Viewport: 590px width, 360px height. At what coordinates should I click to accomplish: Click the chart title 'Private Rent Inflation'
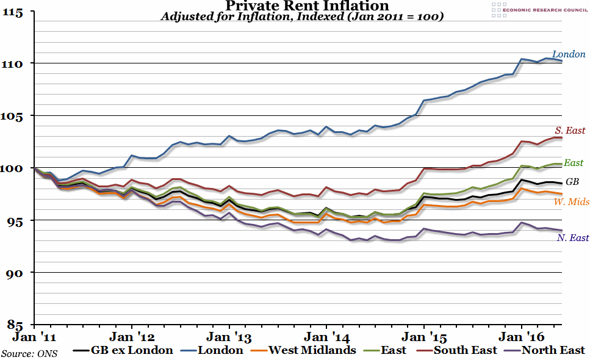click(x=299, y=6)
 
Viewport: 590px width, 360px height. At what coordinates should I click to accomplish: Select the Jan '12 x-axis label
click(x=131, y=336)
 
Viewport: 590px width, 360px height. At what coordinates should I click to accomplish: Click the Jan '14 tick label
click(x=326, y=336)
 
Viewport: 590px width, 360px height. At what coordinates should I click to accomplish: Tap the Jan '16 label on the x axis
click(x=522, y=336)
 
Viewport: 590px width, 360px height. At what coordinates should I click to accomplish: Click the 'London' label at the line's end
click(x=569, y=54)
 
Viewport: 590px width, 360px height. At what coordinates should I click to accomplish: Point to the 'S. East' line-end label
click(x=570, y=131)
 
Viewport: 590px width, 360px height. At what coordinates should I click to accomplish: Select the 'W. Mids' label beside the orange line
click(x=571, y=201)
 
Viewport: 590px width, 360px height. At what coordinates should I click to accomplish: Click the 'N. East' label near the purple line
click(x=573, y=238)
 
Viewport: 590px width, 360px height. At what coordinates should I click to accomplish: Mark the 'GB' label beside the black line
click(x=572, y=182)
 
